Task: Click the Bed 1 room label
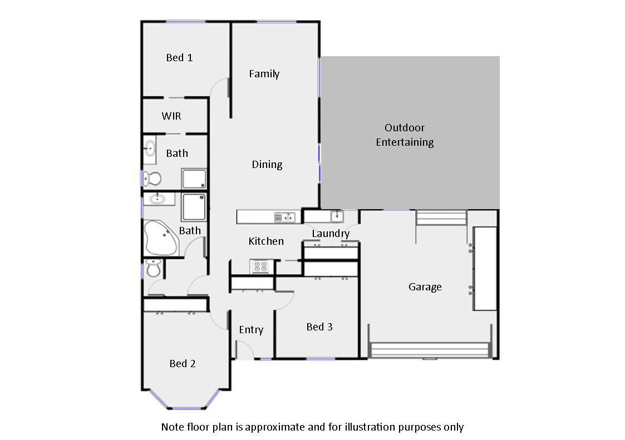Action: point(179,57)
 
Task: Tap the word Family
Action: point(264,73)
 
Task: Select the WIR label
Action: point(171,116)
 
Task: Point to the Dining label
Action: point(267,164)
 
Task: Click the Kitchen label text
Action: point(266,241)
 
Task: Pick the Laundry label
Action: point(331,234)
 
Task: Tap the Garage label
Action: point(425,287)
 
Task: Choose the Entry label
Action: point(251,330)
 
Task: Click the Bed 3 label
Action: point(319,327)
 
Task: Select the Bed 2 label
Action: point(183,363)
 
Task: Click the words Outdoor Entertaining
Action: point(405,135)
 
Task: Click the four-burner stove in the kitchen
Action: point(259,266)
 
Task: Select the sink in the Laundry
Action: point(336,216)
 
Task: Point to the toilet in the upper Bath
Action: point(151,179)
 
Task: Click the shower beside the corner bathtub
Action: point(194,206)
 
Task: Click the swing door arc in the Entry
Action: point(245,349)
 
